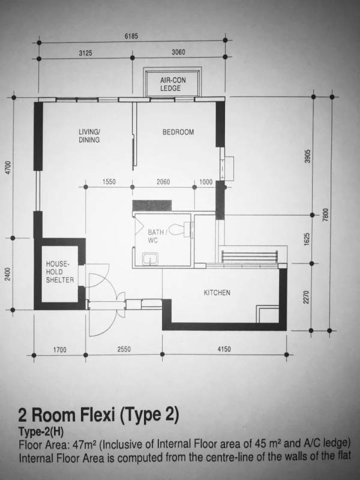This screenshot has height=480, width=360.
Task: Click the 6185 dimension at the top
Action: pos(131,36)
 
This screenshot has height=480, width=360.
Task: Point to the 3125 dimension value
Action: pos(85,53)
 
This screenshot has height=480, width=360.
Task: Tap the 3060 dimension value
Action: pos(178,52)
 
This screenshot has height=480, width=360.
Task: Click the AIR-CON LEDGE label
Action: pos(173,84)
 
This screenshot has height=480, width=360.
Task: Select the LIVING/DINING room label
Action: pos(89,136)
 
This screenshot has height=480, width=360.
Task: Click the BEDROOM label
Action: pos(178,132)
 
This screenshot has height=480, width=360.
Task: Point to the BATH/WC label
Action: pos(157,236)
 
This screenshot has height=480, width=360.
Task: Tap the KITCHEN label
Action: pos(217,293)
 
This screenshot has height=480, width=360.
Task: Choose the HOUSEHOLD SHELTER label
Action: pos(60,272)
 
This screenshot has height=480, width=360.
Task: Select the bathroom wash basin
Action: pos(151,259)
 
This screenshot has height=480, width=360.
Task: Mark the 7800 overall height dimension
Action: pos(326,214)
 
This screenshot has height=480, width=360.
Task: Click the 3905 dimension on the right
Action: pos(308,156)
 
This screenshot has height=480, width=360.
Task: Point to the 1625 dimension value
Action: pos(307,239)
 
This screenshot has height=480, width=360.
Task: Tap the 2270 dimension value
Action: pos(306,297)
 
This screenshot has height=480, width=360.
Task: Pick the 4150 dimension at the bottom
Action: pos(224,349)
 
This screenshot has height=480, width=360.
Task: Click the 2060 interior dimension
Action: pos(163,182)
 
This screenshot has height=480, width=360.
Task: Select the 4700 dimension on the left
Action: pos(8,168)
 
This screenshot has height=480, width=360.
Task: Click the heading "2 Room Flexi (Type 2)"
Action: pos(98,415)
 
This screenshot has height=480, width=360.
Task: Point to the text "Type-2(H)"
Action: pos(41,432)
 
